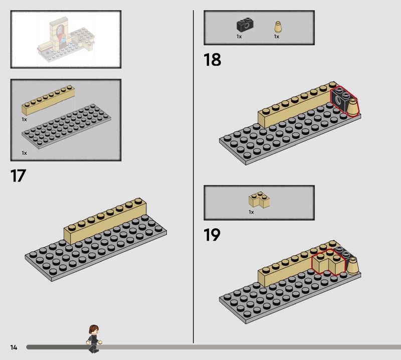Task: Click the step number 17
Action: pos(18,175)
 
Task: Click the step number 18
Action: pos(212,60)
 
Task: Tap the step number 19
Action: pos(212,235)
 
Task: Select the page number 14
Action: pos(14,347)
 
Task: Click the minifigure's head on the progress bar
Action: pos(94,329)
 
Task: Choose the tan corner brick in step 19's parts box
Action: pos(259,200)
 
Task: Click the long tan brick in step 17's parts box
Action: pos(48,100)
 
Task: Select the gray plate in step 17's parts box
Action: pos(66,126)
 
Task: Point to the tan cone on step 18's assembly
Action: pos(352,107)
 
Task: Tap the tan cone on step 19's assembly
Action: pos(353,266)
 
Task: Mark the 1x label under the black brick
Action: pos(239,37)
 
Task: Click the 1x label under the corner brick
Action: pos(251,212)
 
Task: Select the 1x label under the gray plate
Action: pos(24,153)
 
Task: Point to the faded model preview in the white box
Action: pos(66,40)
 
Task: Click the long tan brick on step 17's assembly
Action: pos(105,221)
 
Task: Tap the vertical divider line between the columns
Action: pos(193,176)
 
